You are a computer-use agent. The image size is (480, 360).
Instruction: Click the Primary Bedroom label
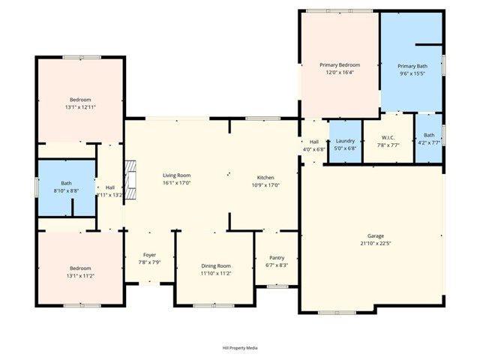tap(340, 65)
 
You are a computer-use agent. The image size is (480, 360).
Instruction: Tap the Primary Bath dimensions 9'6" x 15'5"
tap(411, 73)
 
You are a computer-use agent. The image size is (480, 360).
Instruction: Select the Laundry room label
tap(345, 141)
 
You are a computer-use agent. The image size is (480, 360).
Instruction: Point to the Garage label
tap(375, 235)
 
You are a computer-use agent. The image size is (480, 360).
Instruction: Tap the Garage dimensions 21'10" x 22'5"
tap(375, 243)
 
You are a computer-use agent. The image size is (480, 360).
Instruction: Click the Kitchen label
tap(266, 176)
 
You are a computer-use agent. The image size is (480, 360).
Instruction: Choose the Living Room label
tap(177, 175)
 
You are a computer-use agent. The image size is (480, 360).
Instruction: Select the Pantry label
tap(277, 258)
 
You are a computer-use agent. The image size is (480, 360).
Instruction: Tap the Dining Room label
tap(215, 265)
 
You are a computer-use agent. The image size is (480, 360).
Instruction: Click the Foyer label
tap(149, 255)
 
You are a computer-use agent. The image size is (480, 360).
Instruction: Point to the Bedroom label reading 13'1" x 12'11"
tap(80, 100)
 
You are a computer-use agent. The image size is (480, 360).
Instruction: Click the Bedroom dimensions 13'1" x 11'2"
tap(80, 275)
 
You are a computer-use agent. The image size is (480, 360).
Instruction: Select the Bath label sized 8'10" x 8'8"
tap(66, 183)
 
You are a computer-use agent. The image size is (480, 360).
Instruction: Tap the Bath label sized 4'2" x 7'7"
tap(429, 135)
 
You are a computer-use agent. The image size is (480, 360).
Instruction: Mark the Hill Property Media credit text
tap(240, 348)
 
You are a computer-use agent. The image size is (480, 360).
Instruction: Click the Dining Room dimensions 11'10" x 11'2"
tap(215, 273)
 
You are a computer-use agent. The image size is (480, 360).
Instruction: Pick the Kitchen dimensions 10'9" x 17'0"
tap(266, 184)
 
